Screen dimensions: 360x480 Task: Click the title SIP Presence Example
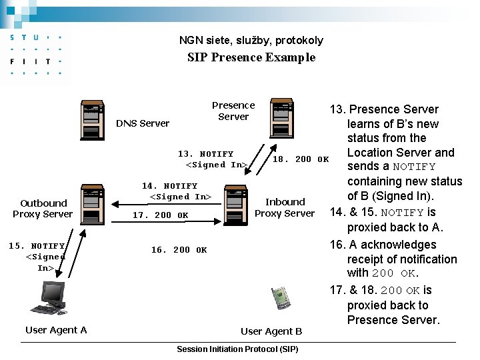coord(251,57)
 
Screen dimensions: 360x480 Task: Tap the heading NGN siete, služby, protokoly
coord(251,40)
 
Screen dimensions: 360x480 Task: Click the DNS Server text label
coord(143,123)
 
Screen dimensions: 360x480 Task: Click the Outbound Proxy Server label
coord(43,209)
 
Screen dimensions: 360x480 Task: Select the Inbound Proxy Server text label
coord(285,207)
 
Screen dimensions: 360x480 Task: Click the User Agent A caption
coord(56,330)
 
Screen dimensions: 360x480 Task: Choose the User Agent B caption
coord(271,331)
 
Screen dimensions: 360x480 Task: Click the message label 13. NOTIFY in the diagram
coord(205,154)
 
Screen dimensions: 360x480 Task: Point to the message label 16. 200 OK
coord(179,250)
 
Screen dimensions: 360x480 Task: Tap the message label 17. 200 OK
coord(160,215)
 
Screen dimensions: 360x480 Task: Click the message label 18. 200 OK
coord(301,159)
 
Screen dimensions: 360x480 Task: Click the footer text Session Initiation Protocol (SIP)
coord(237,349)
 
